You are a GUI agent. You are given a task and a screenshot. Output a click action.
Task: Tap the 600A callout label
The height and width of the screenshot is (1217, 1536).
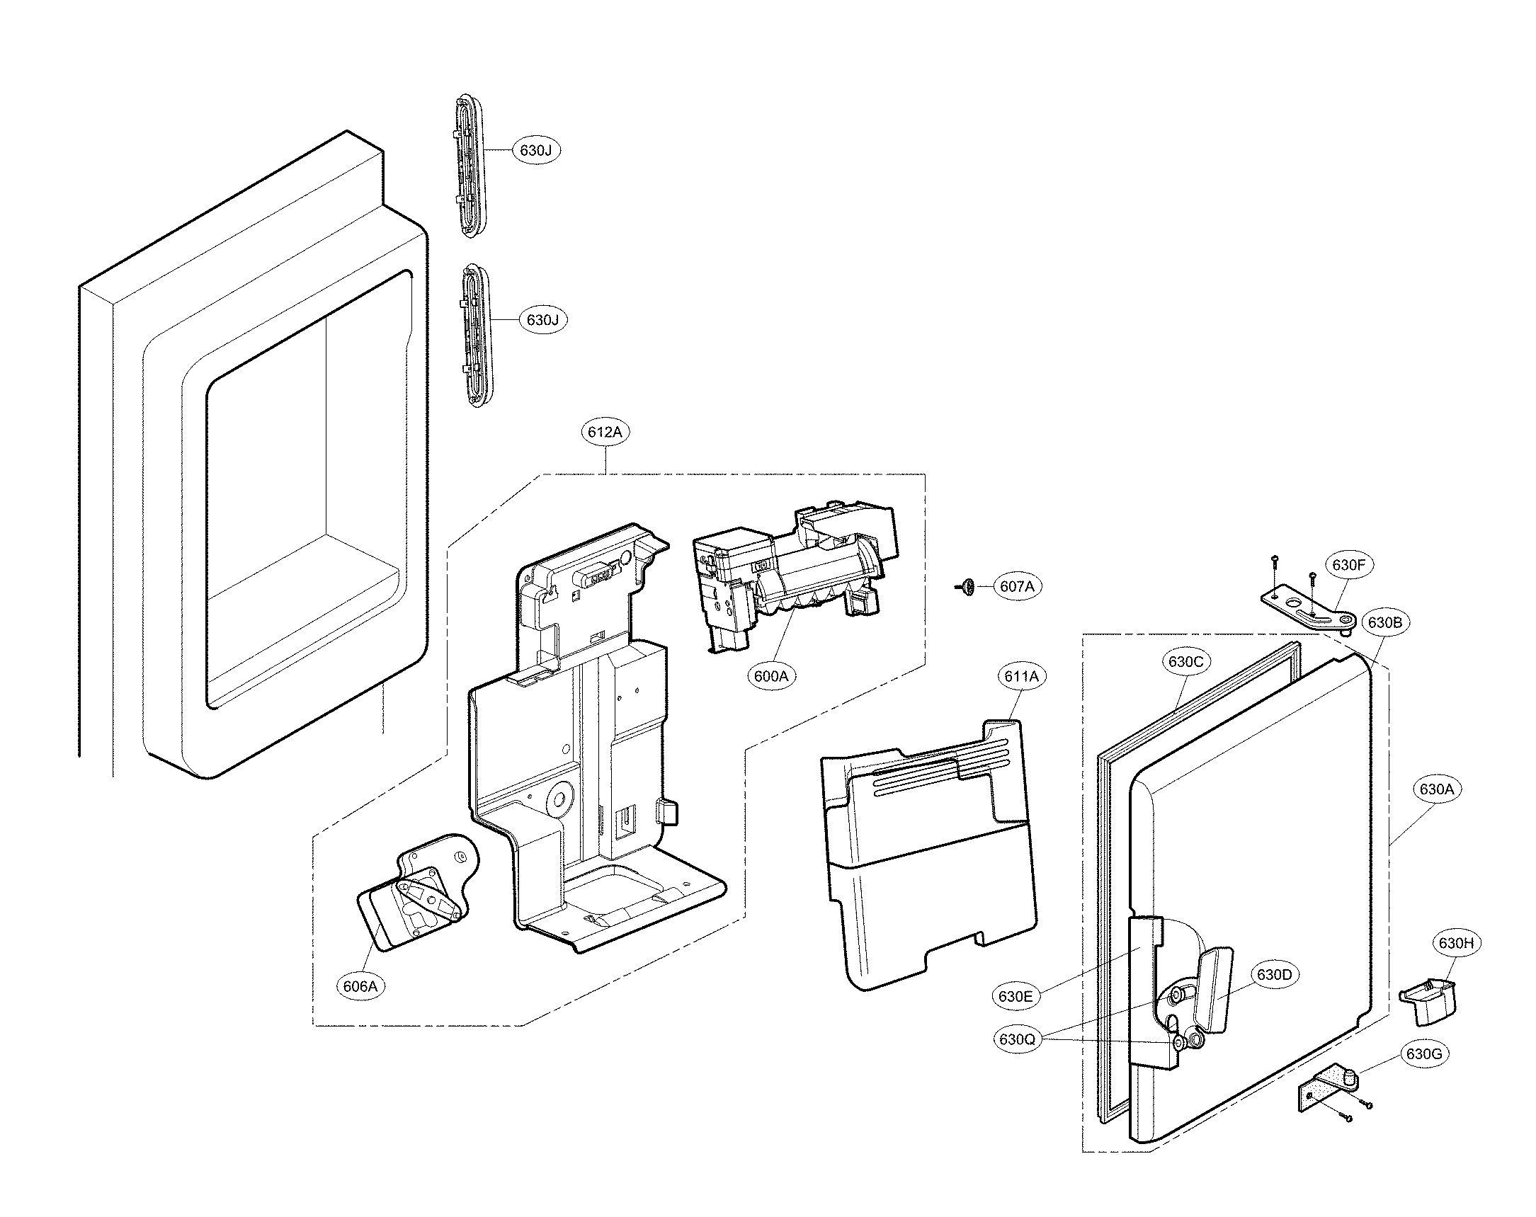pos(771,676)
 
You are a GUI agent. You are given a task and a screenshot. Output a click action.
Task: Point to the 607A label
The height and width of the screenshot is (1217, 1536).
pos(1017,586)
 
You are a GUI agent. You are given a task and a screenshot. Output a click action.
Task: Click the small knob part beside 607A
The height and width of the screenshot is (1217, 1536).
pos(966,586)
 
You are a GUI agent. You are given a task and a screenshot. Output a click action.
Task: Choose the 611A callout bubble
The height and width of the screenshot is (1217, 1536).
pos(1021,677)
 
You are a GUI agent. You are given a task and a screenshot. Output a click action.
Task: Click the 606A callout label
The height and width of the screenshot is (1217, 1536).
pos(360,986)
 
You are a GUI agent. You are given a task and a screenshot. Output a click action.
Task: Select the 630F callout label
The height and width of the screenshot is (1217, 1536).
pos(1348,565)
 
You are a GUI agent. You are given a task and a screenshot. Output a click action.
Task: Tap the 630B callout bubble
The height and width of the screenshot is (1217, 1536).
pos(1384,622)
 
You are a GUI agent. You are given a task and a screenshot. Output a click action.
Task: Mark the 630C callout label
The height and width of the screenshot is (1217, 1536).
pos(1185,661)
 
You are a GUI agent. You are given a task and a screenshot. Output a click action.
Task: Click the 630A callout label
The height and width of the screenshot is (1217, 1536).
pos(1436,789)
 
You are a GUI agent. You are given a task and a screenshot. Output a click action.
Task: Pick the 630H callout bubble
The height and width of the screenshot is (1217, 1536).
pos(1455,943)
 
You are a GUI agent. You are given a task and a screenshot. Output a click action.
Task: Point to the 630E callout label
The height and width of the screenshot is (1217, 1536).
pos(1016,996)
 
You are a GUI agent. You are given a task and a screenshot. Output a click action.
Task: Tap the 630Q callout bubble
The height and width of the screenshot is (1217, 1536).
pos(1017,1039)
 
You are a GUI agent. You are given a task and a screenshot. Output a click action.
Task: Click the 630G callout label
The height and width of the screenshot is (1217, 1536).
pos(1424,1053)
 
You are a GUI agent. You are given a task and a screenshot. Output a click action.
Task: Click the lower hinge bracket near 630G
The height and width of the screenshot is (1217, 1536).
pos(1326,1092)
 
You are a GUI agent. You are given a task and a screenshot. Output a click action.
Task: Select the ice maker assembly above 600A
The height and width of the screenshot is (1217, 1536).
pos(791,577)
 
